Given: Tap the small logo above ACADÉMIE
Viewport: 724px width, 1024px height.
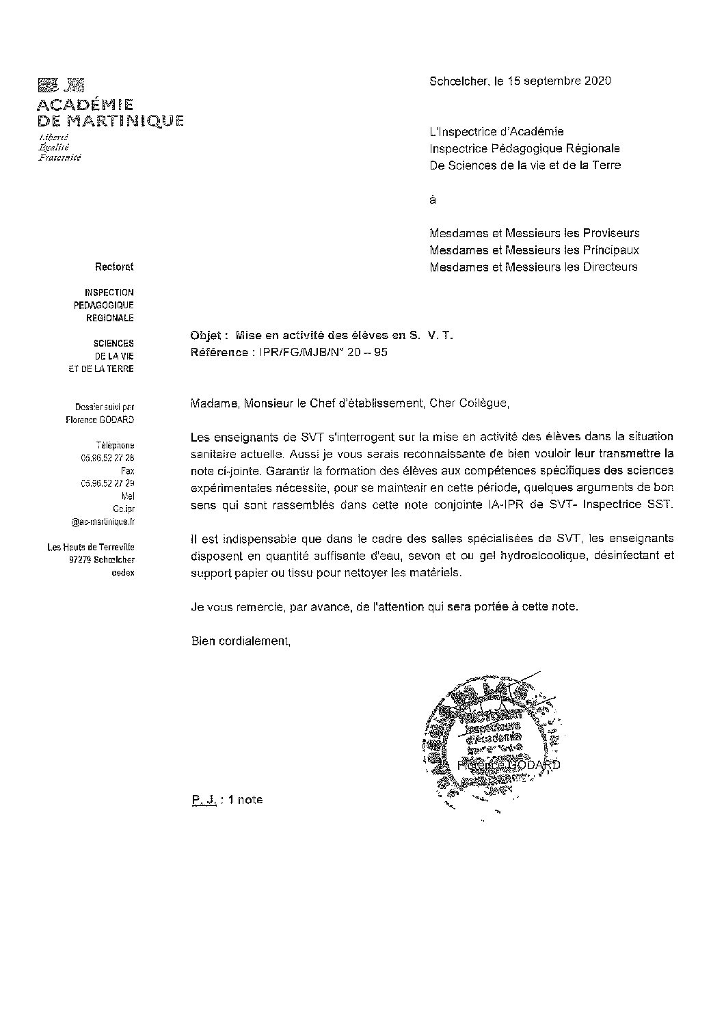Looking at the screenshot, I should click(x=61, y=85).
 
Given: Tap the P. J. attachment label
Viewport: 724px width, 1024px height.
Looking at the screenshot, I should click(x=204, y=800).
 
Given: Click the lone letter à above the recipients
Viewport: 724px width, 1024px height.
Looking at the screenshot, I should click(x=433, y=200).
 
